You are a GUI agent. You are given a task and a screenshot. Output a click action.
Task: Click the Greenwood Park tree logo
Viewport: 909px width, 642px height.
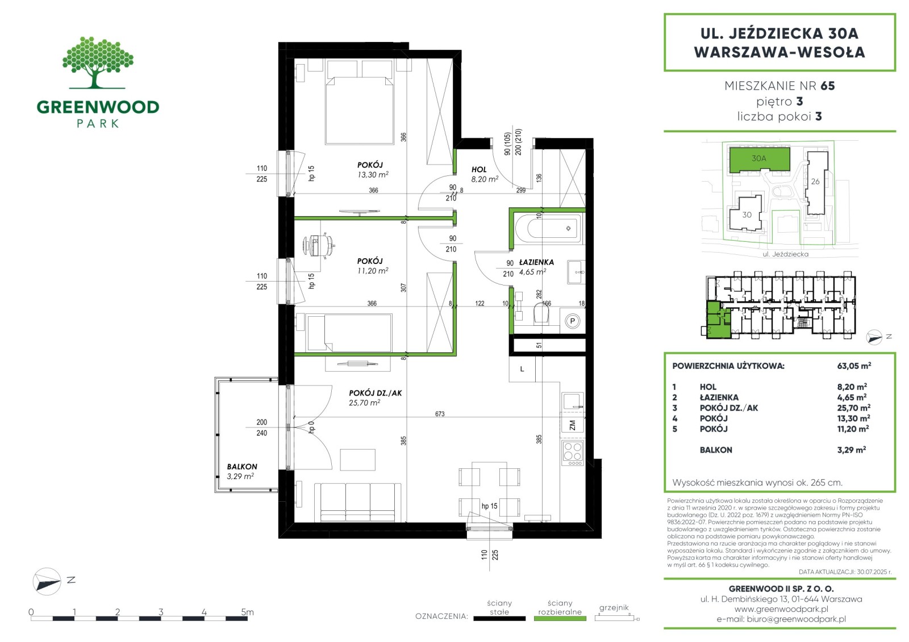coord(97,62)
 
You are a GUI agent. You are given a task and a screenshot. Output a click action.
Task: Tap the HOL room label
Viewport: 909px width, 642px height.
coord(479,170)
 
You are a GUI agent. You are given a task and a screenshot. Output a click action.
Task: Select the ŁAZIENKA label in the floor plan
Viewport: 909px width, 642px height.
coord(536,262)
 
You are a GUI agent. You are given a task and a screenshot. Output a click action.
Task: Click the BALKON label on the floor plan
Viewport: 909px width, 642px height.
coord(242,467)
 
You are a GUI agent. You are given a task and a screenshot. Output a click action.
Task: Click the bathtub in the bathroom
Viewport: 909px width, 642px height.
coord(548,228)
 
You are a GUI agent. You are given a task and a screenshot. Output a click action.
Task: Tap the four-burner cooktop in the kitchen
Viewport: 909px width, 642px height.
coord(573,454)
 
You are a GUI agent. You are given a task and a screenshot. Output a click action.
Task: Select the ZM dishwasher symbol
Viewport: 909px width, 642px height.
coord(573,425)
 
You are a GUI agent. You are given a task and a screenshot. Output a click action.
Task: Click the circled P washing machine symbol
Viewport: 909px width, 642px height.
coord(573,321)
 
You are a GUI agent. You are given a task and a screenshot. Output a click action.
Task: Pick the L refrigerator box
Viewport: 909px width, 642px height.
coord(522,369)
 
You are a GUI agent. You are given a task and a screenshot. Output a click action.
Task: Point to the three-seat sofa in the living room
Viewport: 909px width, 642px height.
coord(357,502)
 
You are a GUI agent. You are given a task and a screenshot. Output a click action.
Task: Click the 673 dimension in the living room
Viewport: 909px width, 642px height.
coord(440,414)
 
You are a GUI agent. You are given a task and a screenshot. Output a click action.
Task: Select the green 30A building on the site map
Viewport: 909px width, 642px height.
coord(759,159)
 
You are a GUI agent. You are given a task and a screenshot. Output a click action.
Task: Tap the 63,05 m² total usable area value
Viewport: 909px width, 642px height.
coord(854,366)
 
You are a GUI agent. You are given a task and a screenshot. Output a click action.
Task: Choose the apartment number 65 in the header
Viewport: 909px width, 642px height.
coord(827,86)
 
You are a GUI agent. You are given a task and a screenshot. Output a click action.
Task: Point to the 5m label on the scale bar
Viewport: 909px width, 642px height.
coord(247,611)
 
